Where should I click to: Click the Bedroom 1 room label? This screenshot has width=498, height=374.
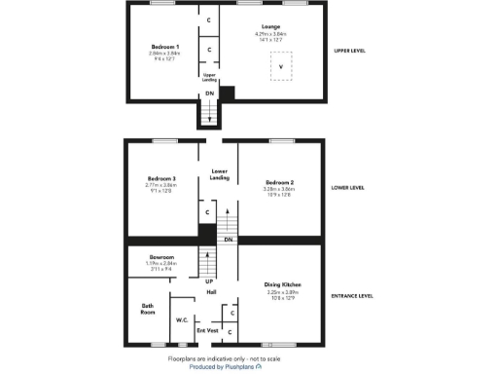point(164,46)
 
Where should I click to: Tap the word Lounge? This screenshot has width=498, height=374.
point(270,26)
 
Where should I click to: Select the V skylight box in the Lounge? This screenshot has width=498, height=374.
point(282,66)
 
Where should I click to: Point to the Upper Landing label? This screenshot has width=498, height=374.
point(209,76)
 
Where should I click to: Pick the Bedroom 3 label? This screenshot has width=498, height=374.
point(161,179)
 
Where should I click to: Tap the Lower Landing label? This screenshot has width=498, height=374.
point(220,174)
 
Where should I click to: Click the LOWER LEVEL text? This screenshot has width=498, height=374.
point(348,187)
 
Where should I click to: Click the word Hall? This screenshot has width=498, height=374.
point(210,292)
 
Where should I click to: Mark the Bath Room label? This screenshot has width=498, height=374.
point(148,309)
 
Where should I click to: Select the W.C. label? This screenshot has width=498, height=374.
point(181,319)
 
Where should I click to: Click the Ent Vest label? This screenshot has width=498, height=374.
point(207,331)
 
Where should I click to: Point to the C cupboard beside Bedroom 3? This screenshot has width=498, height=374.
point(206,212)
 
